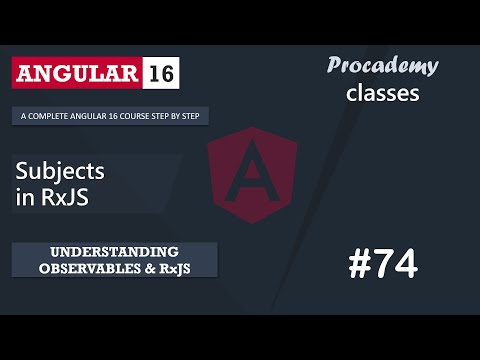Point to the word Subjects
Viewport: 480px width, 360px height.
tap(61, 172)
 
